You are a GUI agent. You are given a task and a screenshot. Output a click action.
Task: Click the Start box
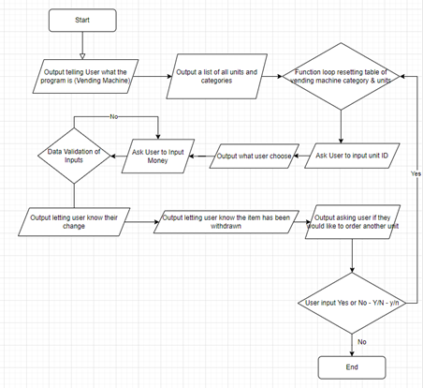(x=82, y=21)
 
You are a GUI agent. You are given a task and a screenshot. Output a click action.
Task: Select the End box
(x=352, y=367)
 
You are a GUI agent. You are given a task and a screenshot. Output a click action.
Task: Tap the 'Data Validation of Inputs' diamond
(x=74, y=156)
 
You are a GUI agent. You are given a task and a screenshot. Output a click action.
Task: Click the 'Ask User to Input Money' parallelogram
(x=158, y=156)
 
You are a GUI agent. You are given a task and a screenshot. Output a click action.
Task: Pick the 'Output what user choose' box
(x=255, y=156)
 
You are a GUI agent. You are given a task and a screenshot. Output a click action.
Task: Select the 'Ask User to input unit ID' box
(x=352, y=156)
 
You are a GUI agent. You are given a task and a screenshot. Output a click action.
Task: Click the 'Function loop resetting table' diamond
(x=341, y=76)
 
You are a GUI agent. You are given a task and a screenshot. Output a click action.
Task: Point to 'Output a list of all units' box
(x=216, y=76)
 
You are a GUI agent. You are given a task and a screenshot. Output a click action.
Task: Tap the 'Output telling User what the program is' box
(x=85, y=76)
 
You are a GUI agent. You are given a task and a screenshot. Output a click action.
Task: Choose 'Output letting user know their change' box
(x=74, y=222)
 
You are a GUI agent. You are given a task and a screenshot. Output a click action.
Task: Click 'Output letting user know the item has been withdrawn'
(x=226, y=222)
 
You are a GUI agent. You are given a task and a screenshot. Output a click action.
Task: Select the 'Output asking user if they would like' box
(x=353, y=222)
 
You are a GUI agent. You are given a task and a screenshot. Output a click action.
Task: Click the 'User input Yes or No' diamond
(x=352, y=303)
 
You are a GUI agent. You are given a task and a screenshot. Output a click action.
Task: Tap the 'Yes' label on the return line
(x=416, y=173)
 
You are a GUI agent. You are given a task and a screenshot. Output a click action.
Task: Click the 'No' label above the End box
(x=362, y=342)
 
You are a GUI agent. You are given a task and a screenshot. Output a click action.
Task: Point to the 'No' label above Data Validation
(x=114, y=116)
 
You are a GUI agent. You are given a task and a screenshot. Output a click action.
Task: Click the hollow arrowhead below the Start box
(x=82, y=56)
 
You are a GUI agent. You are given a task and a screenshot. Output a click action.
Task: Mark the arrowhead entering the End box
(x=352, y=353)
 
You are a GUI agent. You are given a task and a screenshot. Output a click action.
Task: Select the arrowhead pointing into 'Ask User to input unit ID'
(x=341, y=141)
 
